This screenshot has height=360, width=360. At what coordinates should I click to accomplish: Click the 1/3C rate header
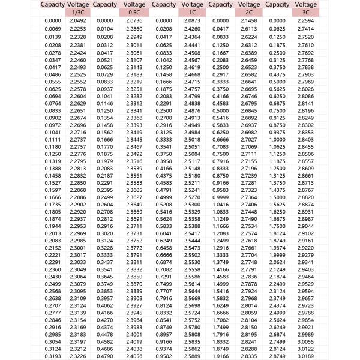click(78, 12)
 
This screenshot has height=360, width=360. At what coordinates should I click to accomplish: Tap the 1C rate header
click(191, 12)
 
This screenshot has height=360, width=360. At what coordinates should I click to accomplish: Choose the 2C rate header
click(248, 12)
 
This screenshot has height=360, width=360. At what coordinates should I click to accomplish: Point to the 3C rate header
click(305, 12)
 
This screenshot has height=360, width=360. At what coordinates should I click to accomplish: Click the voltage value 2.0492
click(78, 21)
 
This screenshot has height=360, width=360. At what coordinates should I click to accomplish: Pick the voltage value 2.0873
click(191, 21)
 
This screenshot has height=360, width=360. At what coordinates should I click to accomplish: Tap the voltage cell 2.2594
click(305, 21)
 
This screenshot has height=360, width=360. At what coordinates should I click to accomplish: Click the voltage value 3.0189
click(305, 356)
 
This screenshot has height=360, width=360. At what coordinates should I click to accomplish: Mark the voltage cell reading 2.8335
click(248, 356)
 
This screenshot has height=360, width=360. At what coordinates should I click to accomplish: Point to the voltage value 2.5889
click(191, 356)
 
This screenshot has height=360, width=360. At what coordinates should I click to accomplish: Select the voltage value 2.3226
click(78, 356)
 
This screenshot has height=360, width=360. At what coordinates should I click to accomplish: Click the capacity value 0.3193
click(53, 356)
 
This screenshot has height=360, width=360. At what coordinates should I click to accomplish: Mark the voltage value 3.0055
click(305, 341)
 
